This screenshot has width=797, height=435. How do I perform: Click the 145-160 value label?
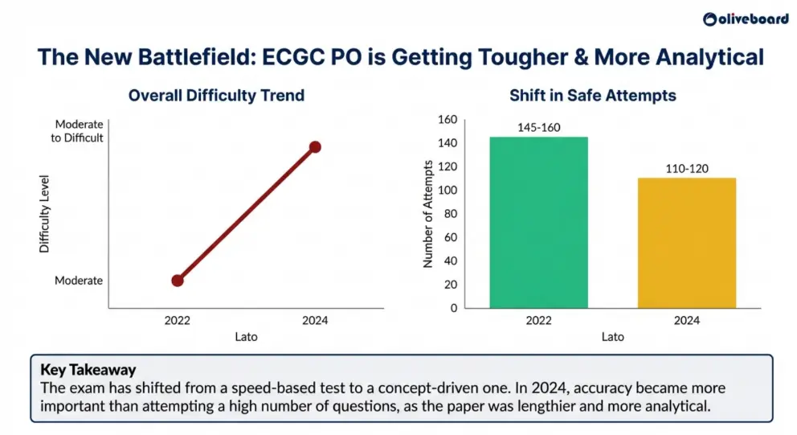tap(539, 128)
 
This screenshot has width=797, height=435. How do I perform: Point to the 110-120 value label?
tap(686, 169)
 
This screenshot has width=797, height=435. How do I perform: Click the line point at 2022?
tap(178, 280)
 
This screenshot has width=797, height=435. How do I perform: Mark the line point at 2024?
tap(315, 147)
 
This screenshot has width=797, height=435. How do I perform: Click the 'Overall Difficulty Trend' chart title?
tap(216, 96)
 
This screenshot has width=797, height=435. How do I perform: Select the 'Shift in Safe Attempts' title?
tap(593, 96)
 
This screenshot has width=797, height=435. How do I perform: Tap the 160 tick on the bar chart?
tap(447, 120)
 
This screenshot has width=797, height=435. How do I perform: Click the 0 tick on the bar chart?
tap(453, 308)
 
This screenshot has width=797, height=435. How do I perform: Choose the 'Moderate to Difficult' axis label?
tap(79, 131)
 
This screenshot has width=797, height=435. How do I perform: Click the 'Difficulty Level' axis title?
tap(45, 214)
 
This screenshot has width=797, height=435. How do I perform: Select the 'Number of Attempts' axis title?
tap(428, 214)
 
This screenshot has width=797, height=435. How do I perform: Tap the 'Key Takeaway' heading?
tap(88, 370)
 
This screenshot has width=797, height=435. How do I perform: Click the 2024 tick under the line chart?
tap(315, 320)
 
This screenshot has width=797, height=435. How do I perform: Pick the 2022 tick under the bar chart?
tap(539, 320)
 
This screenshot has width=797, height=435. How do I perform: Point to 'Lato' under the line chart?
tap(246, 337)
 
